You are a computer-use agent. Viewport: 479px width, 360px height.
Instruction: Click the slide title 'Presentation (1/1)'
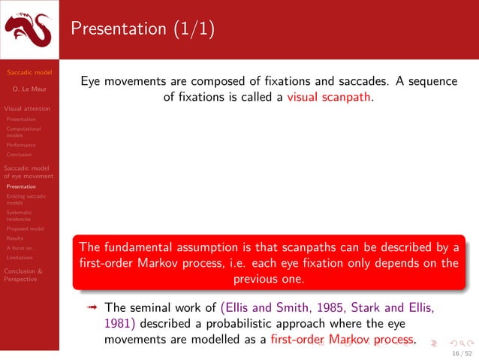pyautogui.click(x=143, y=29)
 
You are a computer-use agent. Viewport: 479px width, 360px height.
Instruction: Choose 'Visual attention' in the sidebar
pyautogui.click(x=27, y=108)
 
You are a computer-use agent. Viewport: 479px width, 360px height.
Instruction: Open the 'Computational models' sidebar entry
pyautogui.click(x=23, y=132)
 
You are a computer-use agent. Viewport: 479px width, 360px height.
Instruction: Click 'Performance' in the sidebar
pyautogui.click(x=20, y=145)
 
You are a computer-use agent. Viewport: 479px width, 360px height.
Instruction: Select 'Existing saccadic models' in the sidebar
pyautogui.click(x=26, y=199)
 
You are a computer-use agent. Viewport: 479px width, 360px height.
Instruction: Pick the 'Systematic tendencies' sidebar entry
pyautogui.click(x=20, y=216)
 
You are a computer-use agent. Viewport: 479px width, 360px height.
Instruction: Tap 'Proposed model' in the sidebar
pyautogui.click(x=25, y=228)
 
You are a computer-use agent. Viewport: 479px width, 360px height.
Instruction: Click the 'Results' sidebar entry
pyautogui.click(x=14, y=237)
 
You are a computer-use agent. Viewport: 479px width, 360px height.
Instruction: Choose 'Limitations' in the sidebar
pyautogui.click(x=20, y=257)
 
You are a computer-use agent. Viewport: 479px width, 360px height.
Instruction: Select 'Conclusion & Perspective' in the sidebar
pyautogui.click(x=23, y=274)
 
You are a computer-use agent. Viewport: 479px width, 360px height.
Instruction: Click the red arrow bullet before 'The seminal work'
pyautogui.click(x=93, y=307)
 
